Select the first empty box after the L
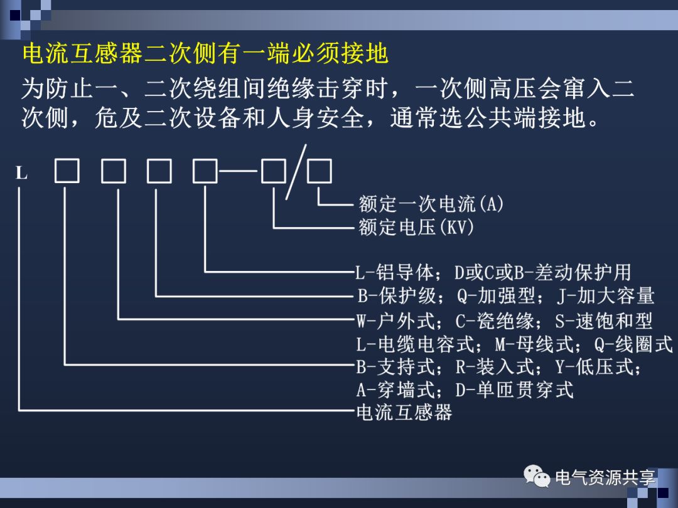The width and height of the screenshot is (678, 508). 67,171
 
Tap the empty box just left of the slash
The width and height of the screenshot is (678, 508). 274,171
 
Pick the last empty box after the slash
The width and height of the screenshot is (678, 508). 320,171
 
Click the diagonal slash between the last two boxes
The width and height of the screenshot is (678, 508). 296,171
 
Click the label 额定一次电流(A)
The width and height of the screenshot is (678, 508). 431,204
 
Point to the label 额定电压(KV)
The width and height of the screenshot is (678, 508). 416,226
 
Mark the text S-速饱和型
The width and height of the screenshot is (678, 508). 604,321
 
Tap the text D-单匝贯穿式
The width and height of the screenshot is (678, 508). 514,390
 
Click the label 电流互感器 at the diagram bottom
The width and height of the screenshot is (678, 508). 404,413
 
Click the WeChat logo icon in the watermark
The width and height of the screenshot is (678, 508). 537,478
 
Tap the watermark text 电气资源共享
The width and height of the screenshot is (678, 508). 605,478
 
